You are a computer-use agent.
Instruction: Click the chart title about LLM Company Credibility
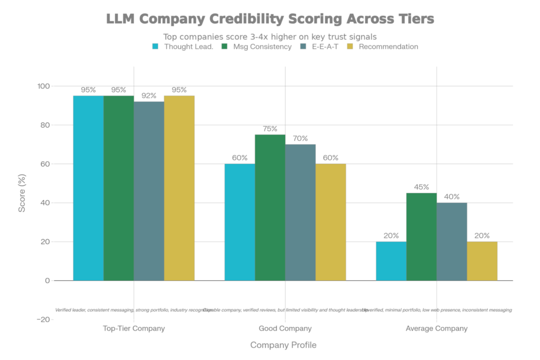(x=270, y=20)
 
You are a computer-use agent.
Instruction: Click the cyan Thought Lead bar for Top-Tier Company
(x=88, y=188)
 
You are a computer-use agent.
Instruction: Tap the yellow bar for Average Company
(x=483, y=261)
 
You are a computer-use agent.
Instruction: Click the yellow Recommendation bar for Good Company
(x=331, y=222)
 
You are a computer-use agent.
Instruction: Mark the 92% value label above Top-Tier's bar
(x=149, y=95)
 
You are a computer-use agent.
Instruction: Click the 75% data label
(x=270, y=129)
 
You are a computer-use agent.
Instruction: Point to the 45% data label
(x=422, y=187)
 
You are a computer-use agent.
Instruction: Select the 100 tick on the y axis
(x=43, y=86)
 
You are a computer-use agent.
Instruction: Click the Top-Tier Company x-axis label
(x=134, y=328)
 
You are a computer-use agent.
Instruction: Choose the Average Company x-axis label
(x=437, y=328)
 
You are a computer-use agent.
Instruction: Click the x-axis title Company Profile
(x=284, y=345)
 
